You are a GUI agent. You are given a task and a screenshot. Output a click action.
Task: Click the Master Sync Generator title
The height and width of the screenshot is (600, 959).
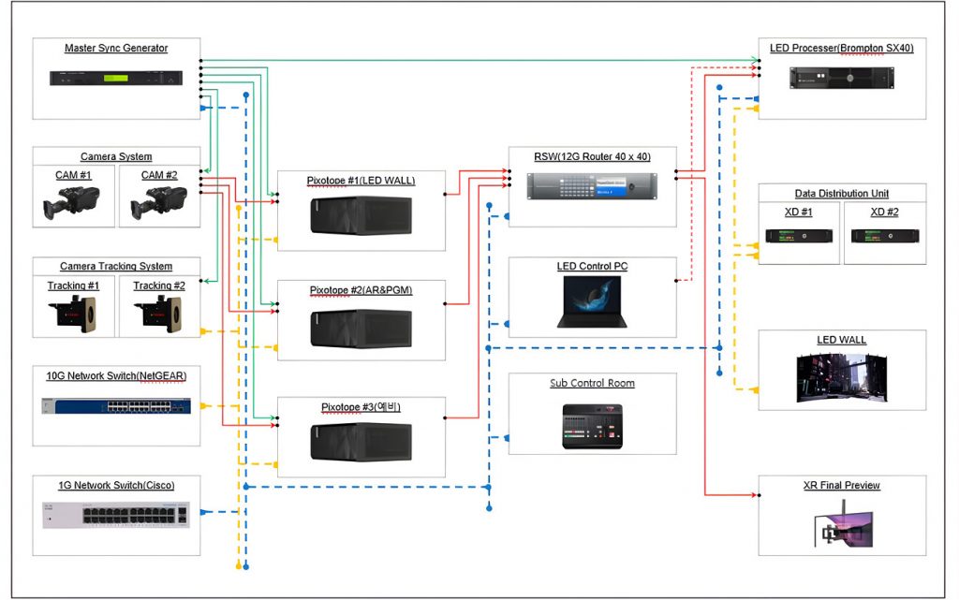click(116, 49)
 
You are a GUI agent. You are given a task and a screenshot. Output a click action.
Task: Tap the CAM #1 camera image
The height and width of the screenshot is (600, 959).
click(71, 202)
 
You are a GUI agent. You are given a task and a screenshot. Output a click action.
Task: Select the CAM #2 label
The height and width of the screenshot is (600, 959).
click(159, 175)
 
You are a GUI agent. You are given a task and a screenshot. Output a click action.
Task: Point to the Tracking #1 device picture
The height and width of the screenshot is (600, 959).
click(73, 314)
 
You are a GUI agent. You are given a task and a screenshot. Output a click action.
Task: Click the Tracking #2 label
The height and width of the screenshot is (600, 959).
click(159, 285)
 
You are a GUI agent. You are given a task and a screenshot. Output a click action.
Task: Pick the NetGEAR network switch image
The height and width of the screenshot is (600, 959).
click(116, 405)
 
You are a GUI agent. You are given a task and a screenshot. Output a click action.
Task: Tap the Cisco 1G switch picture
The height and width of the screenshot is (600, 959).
click(116, 515)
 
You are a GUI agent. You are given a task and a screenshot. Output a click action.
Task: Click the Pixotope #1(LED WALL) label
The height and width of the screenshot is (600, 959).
click(361, 181)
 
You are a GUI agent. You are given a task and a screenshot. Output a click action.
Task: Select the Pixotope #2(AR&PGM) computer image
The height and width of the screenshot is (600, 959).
click(361, 329)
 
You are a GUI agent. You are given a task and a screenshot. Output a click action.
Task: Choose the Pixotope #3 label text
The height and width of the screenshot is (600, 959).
click(361, 407)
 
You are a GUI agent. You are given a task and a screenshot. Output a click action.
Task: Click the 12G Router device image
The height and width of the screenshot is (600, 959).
click(592, 185)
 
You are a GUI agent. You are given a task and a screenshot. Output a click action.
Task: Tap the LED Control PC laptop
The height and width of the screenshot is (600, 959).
click(592, 301)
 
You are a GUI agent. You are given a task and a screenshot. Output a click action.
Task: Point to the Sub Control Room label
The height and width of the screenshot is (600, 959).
click(592, 383)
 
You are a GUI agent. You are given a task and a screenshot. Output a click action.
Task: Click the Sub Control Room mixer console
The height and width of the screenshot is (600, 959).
click(592, 427)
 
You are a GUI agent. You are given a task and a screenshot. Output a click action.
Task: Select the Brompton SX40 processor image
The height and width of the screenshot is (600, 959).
click(842, 79)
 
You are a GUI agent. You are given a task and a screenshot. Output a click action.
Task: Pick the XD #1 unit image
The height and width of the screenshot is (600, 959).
click(799, 236)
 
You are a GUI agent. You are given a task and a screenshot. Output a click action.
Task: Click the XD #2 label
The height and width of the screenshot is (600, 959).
click(884, 212)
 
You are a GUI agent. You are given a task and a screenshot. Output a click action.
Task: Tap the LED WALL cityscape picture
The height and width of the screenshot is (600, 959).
click(842, 377)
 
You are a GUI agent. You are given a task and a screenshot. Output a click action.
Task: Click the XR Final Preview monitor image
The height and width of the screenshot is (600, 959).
click(843, 524)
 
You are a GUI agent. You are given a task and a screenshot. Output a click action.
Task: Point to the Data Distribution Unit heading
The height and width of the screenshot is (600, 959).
click(842, 194)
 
